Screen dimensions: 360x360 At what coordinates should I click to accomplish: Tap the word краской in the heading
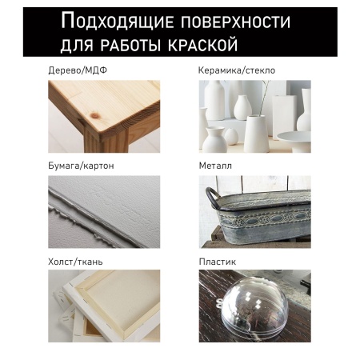pyautogui.click(x=198, y=39)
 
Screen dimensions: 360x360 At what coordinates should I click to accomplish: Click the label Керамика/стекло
pyautogui.click(x=236, y=70)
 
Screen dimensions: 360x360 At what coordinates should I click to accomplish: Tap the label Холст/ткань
pyautogui.click(x=75, y=261)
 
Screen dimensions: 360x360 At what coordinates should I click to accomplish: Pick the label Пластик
pyautogui.click(x=218, y=261)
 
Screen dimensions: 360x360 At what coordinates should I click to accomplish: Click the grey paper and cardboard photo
pyautogui.click(x=103, y=211)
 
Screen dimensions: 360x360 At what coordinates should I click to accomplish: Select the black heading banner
pyautogui.click(x=179, y=29)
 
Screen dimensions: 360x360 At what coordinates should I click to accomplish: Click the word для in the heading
pyautogui.click(x=76, y=39)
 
